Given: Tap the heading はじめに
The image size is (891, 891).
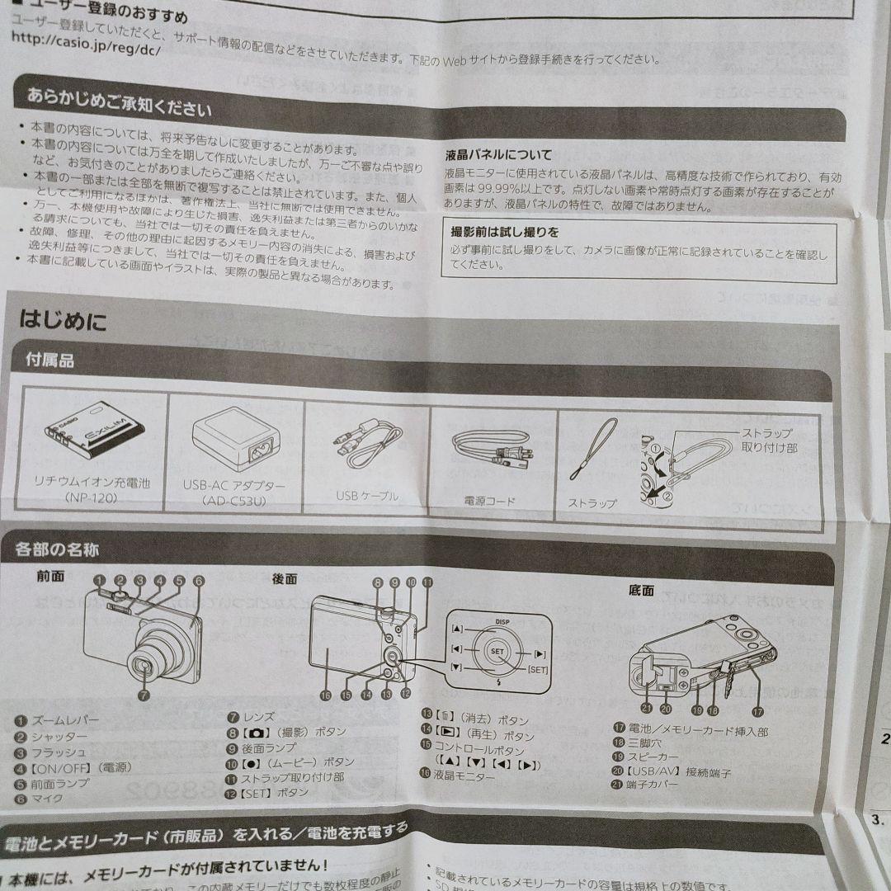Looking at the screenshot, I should pyautogui.click(x=63, y=321).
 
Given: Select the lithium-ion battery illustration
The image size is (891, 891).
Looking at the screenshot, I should pyautogui.click(x=92, y=435).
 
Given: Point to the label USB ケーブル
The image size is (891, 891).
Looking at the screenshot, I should pyautogui.click(x=367, y=496).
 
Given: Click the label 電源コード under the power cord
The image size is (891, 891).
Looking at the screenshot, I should pyautogui.click(x=490, y=500).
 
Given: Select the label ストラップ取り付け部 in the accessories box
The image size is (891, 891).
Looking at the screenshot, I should pyautogui.click(x=767, y=440).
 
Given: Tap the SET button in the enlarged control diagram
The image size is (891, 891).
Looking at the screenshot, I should pyautogui.click(x=497, y=651).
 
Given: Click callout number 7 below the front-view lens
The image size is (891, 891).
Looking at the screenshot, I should pyautogui.click(x=144, y=695).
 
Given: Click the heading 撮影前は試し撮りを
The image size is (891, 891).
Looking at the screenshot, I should pyautogui.click(x=504, y=232).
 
